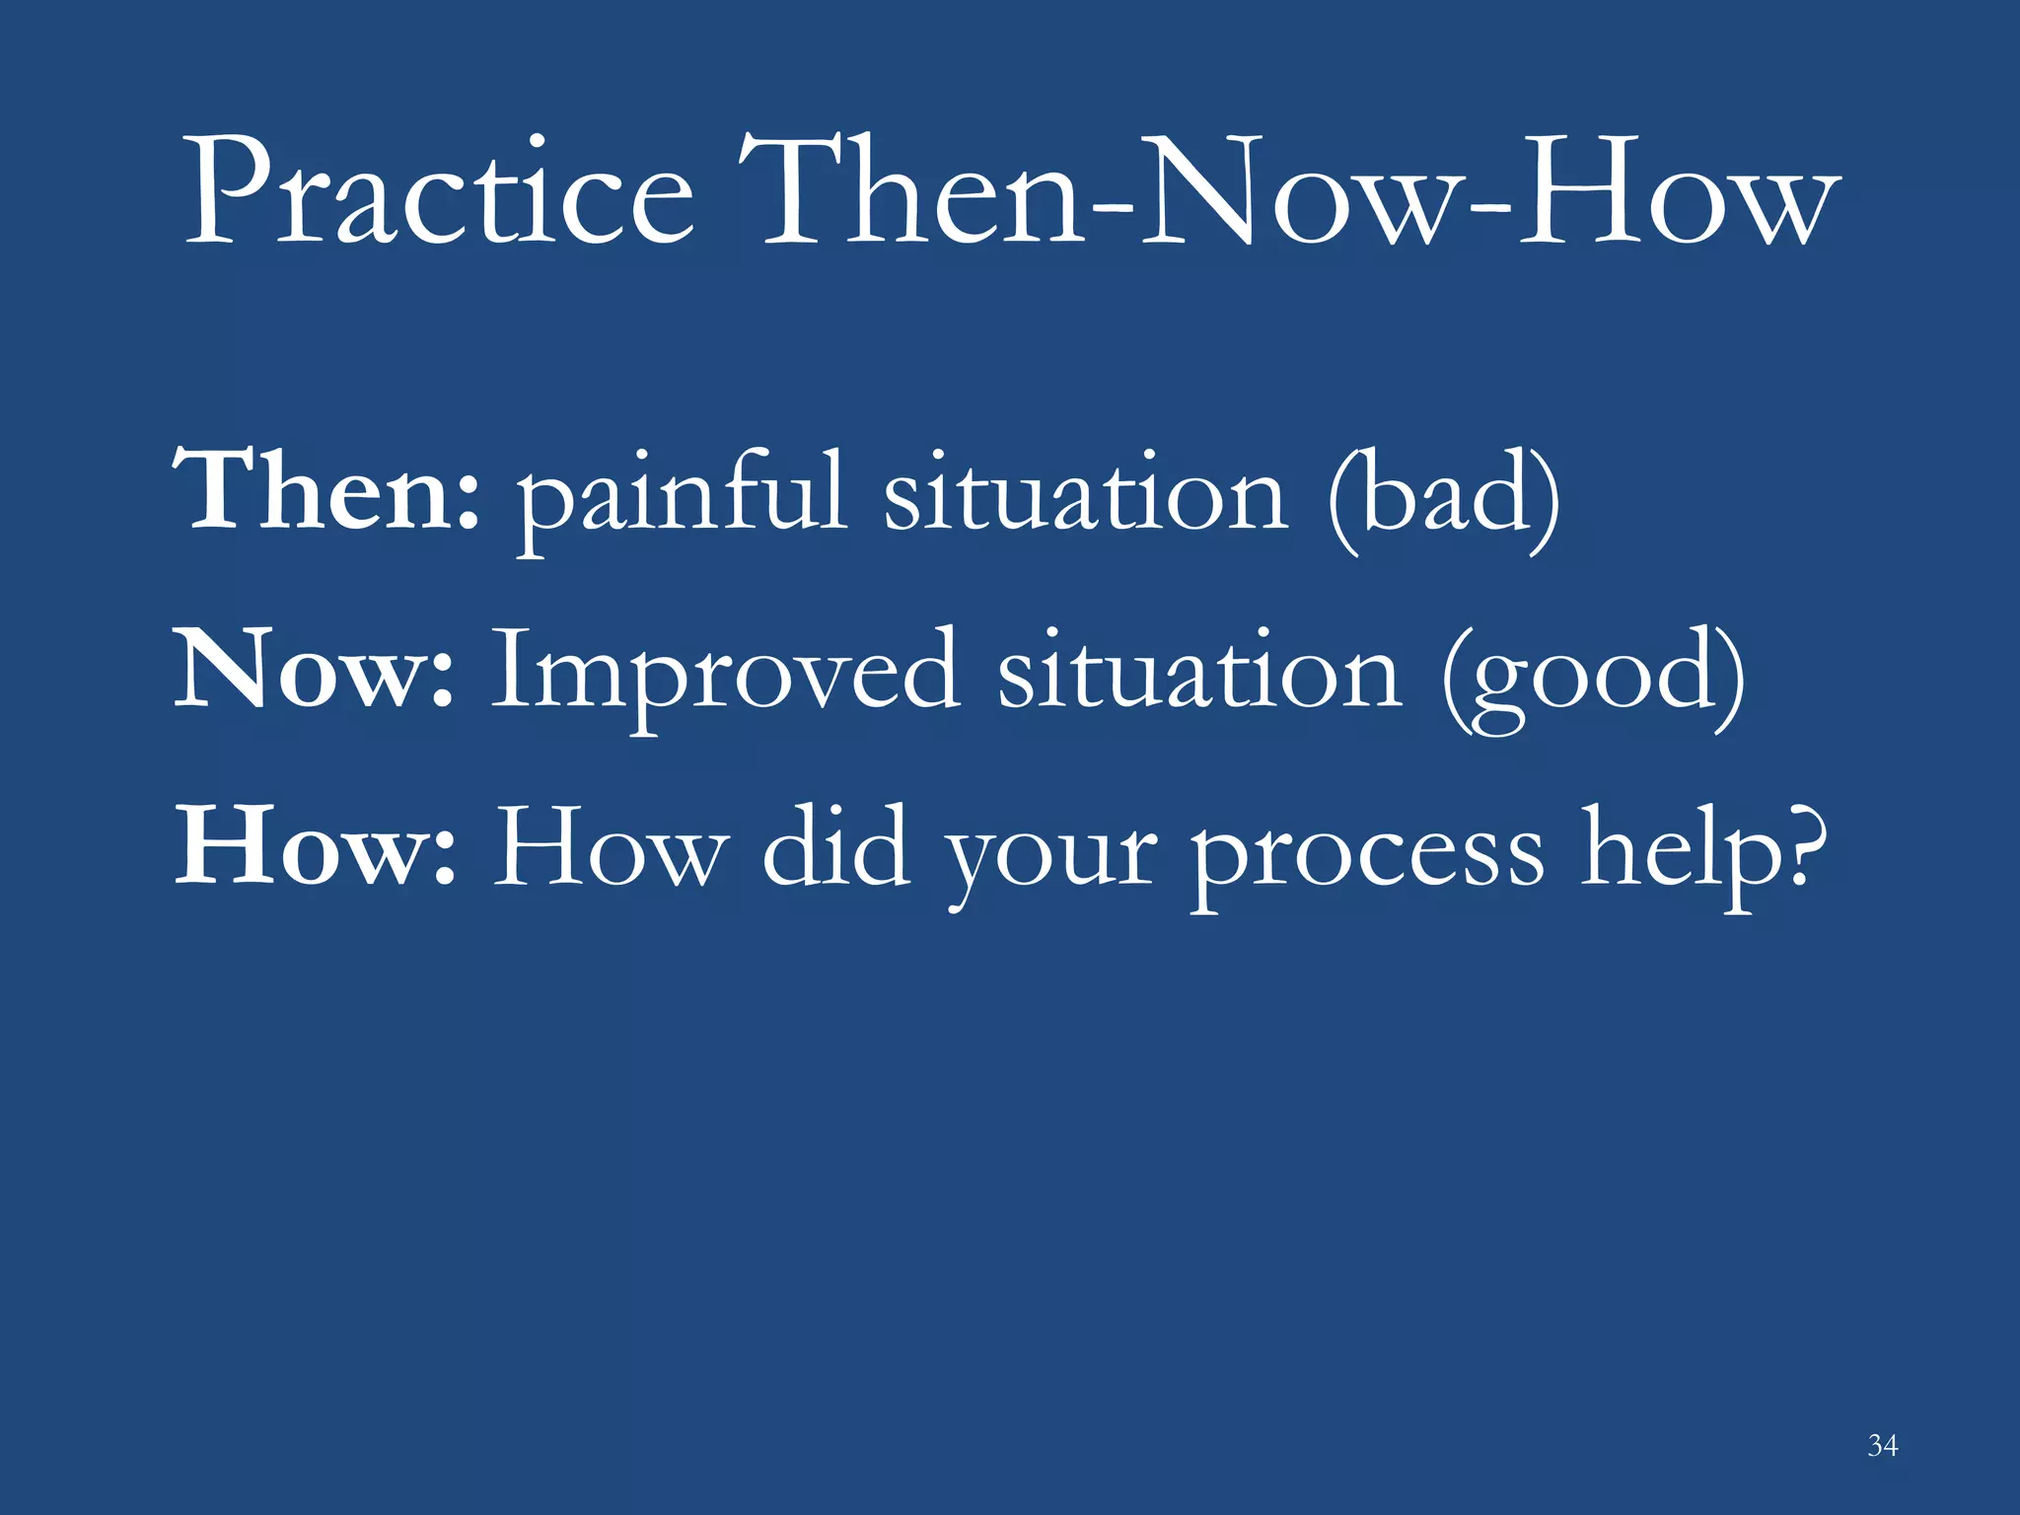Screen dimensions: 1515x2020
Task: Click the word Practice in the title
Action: coord(439,192)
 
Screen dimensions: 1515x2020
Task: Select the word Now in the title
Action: coord(1297,192)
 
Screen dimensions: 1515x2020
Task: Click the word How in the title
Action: coord(1677,192)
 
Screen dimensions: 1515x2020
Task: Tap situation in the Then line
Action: coord(1085,493)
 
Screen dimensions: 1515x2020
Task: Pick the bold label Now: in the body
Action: coord(314,671)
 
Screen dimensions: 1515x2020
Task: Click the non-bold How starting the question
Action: coord(612,848)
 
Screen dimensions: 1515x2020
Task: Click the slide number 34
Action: coord(1882,1446)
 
